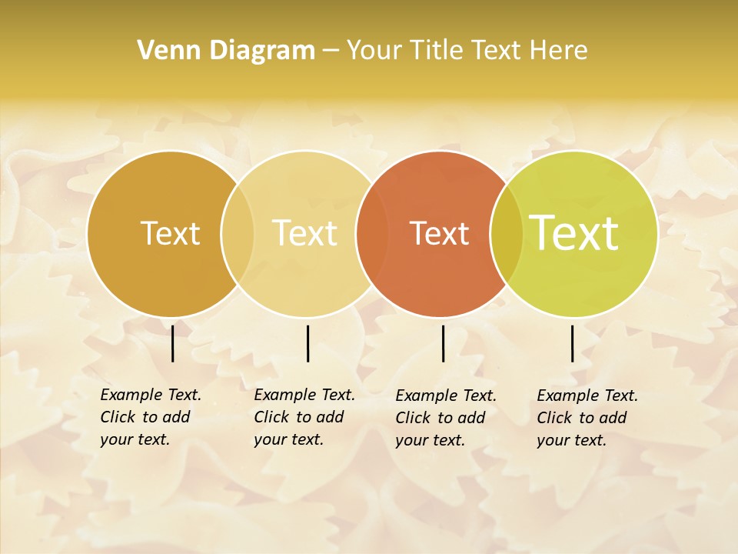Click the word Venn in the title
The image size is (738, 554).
[x=163, y=51]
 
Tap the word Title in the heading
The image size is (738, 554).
[x=437, y=51]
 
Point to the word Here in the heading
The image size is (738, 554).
[x=559, y=51]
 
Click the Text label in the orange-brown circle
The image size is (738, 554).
[x=170, y=233]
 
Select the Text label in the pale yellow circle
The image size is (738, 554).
[x=304, y=233]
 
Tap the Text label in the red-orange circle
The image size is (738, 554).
[x=439, y=234]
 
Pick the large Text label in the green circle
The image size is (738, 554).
[x=574, y=233]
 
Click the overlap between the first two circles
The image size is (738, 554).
[x=238, y=233]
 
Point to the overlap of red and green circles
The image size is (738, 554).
[x=507, y=234]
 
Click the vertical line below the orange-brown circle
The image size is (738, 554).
[x=173, y=343]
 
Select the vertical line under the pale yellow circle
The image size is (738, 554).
[x=307, y=343]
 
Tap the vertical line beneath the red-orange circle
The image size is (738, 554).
[x=444, y=343]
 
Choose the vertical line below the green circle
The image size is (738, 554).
[x=573, y=343]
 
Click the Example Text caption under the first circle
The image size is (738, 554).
[x=150, y=417]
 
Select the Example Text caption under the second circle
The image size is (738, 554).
[x=304, y=417]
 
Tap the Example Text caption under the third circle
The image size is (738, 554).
[x=445, y=418]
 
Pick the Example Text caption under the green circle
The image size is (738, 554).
[x=587, y=418]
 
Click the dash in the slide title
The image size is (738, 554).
[x=331, y=52]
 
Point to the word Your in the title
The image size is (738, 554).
[x=374, y=51]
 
